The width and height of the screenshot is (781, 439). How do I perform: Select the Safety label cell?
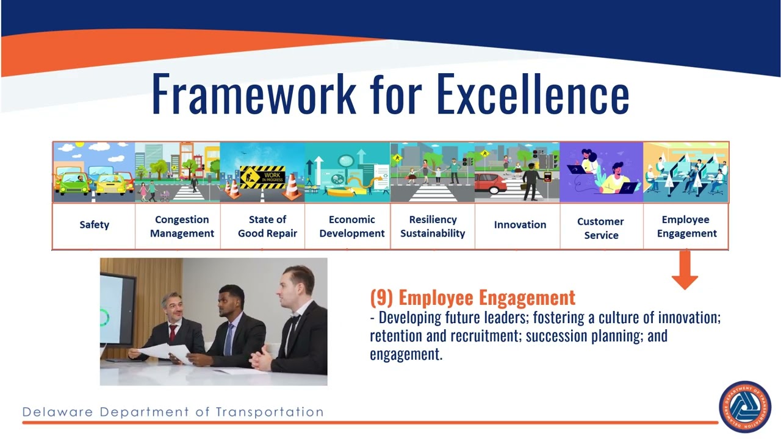(x=94, y=225)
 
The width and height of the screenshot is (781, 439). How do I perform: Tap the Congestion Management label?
(x=182, y=226)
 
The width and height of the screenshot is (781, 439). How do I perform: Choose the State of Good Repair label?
(x=267, y=226)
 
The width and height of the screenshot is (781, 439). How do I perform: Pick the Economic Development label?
(x=351, y=226)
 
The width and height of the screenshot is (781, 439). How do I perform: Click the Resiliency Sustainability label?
(x=433, y=226)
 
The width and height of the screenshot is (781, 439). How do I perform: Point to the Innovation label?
(x=520, y=225)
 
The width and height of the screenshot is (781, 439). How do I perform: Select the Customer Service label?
(x=601, y=228)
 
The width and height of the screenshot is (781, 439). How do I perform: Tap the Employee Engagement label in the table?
(x=686, y=226)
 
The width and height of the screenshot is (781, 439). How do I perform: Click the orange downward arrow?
(x=685, y=271)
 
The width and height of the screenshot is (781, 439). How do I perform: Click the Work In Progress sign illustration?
(x=262, y=177)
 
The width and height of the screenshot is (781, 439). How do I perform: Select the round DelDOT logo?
(x=745, y=407)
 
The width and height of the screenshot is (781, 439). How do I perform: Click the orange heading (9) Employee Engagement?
(x=473, y=298)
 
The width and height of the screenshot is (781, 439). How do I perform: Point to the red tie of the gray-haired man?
(x=173, y=333)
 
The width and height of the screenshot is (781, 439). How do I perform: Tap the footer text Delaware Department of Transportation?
(x=173, y=412)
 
